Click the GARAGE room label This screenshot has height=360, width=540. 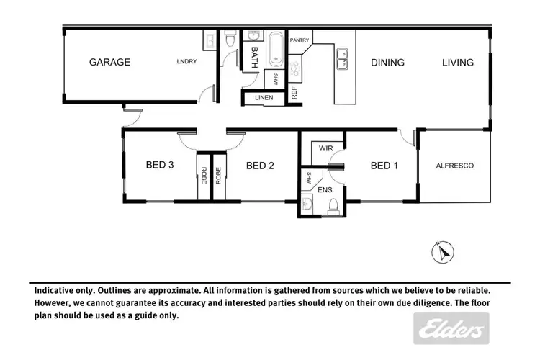tap(109, 62)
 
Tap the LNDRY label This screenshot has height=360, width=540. tap(187, 62)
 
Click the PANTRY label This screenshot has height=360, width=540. tap(299, 40)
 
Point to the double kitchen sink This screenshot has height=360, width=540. tap(342, 58)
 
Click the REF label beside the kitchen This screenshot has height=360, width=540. tap(294, 93)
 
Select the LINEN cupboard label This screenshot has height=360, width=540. tap(256, 99)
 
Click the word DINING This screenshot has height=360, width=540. tap(387, 63)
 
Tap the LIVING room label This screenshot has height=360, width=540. tap(458, 63)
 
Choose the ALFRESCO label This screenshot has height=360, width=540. tap(454, 166)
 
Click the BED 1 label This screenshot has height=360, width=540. tap(384, 166)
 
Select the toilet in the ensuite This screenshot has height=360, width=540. tap(333, 207)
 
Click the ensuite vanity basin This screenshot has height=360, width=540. tap(307, 206)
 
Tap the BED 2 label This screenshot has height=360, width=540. tap(260, 166)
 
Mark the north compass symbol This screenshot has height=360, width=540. tap(444, 252)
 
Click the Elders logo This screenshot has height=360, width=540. tap(447, 330)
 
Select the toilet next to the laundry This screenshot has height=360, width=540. tap(230, 42)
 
